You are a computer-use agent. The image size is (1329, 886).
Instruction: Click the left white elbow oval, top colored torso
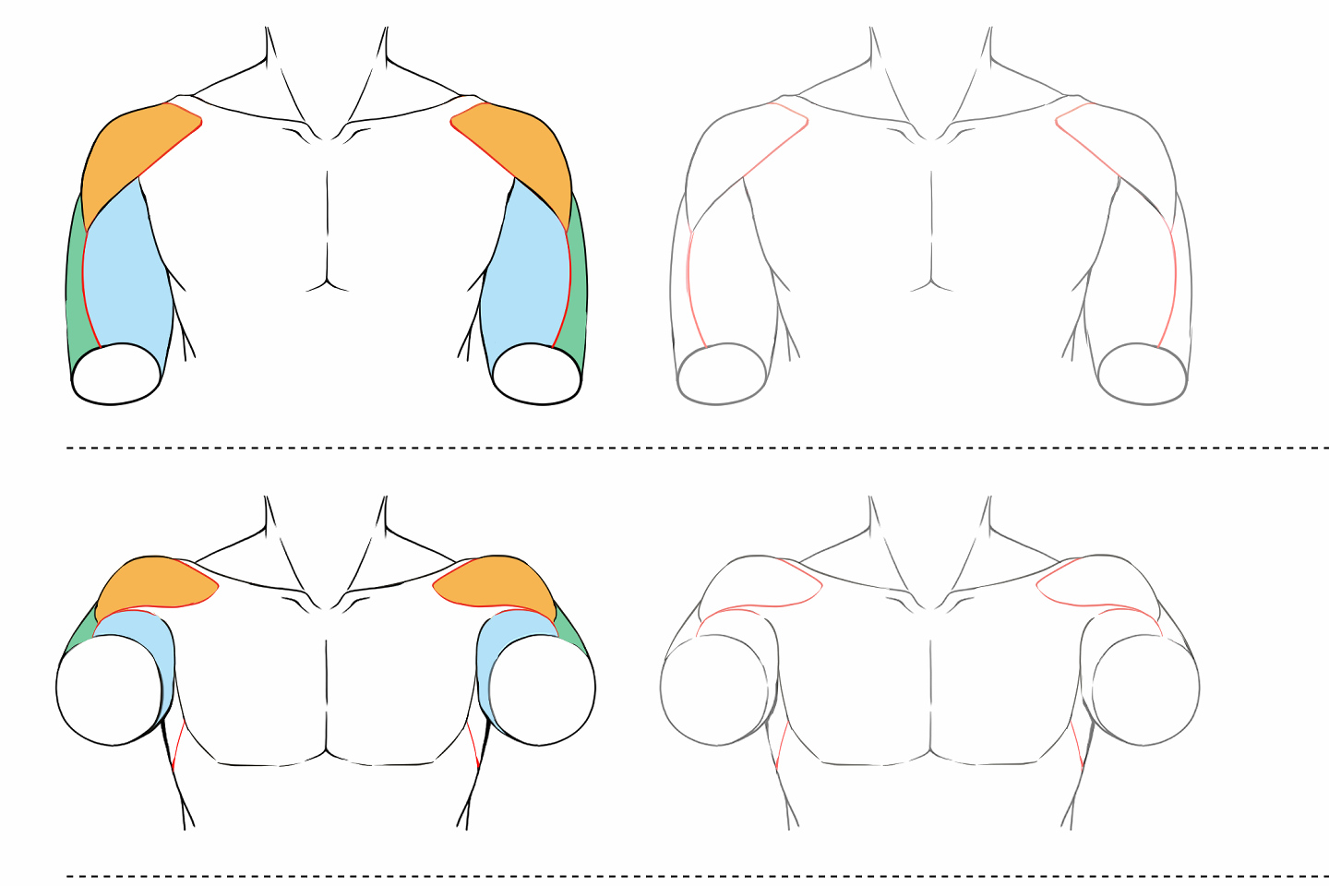117,374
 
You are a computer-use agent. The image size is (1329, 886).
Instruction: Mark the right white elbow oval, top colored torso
537,374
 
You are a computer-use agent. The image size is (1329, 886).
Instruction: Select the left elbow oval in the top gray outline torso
722,374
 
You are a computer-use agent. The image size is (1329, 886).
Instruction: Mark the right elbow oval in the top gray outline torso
1143,374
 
